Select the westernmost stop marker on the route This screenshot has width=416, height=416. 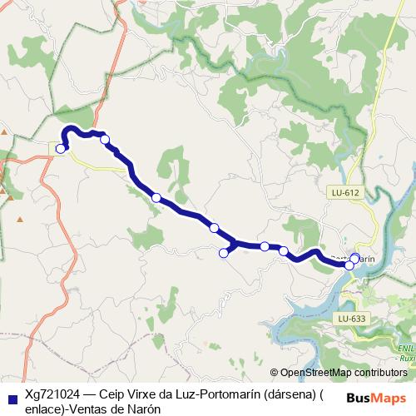pyautogui.click(x=61, y=149)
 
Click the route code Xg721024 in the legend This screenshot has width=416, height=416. pyautogui.click(x=52, y=396)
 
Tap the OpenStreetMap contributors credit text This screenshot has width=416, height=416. pyautogui.click(x=344, y=374)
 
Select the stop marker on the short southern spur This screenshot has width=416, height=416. pyautogui.click(x=223, y=253)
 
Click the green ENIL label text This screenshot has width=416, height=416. pyautogui.click(x=405, y=348)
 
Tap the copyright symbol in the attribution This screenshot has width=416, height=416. pyautogui.click(x=275, y=374)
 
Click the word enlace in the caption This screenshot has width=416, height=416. pyautogui.click(x=46, y=409)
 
